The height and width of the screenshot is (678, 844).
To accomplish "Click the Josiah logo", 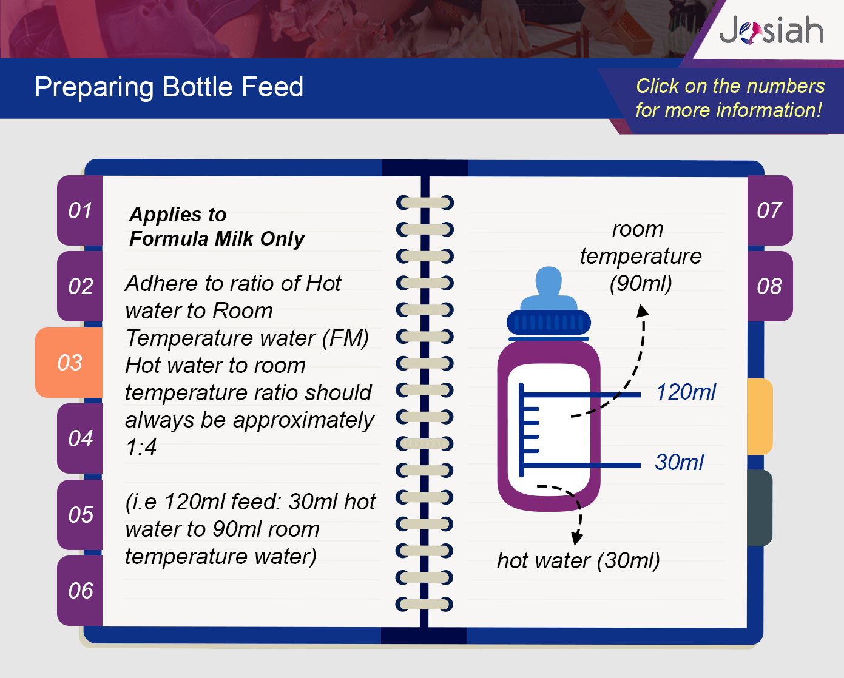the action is coord(771,30).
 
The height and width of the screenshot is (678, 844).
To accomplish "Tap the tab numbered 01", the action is coord(80,210).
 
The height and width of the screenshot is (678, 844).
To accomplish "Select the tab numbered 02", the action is coord(80,286).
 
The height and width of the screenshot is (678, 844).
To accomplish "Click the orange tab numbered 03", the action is coord(69,362).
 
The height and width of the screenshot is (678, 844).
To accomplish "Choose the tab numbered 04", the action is coord(80,438).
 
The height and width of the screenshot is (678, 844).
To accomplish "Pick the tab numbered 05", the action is coord(80,514).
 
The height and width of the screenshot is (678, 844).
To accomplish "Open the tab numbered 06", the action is coord(80,590).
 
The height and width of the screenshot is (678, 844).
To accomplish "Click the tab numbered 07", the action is coord(770,210).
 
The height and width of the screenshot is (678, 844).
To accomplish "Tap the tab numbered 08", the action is coord(770,286).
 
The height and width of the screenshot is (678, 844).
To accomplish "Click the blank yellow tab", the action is coord(760,417).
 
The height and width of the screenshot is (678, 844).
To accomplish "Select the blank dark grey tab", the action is coord(760,508).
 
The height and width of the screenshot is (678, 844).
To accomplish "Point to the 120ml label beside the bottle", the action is coord(686,392).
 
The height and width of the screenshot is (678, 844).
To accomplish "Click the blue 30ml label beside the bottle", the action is coord(680,462).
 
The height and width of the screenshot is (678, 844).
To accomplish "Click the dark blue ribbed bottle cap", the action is coord(549,323).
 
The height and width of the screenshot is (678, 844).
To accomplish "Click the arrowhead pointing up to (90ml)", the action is coord(642,311).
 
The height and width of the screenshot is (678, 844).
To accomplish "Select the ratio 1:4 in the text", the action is coord(141,446).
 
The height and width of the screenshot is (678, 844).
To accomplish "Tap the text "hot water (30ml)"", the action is coord(578,560).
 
